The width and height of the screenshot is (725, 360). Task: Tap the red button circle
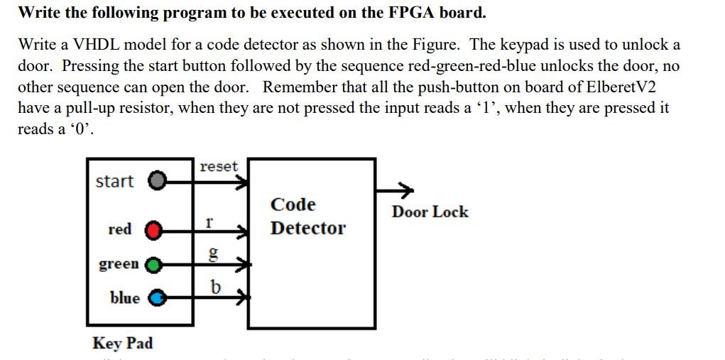coord(153,230)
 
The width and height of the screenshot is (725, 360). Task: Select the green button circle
coord(153,266)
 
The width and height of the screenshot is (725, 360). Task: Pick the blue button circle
coord(156,298)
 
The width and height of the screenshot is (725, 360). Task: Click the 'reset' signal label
coord(219,166)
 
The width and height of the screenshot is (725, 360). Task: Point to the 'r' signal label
coord(209,221)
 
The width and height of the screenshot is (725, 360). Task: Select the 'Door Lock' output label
coord(430,212)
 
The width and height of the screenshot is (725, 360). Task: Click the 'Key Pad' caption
coord(122,344)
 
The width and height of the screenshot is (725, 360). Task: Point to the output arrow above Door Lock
coord(396,190)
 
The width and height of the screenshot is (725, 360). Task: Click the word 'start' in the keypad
coord(114,182)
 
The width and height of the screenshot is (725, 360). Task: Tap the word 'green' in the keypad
coord(119,264)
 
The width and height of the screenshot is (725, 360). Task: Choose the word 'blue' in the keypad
coord(125,298)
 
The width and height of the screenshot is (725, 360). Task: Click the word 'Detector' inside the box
coord(307,229)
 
